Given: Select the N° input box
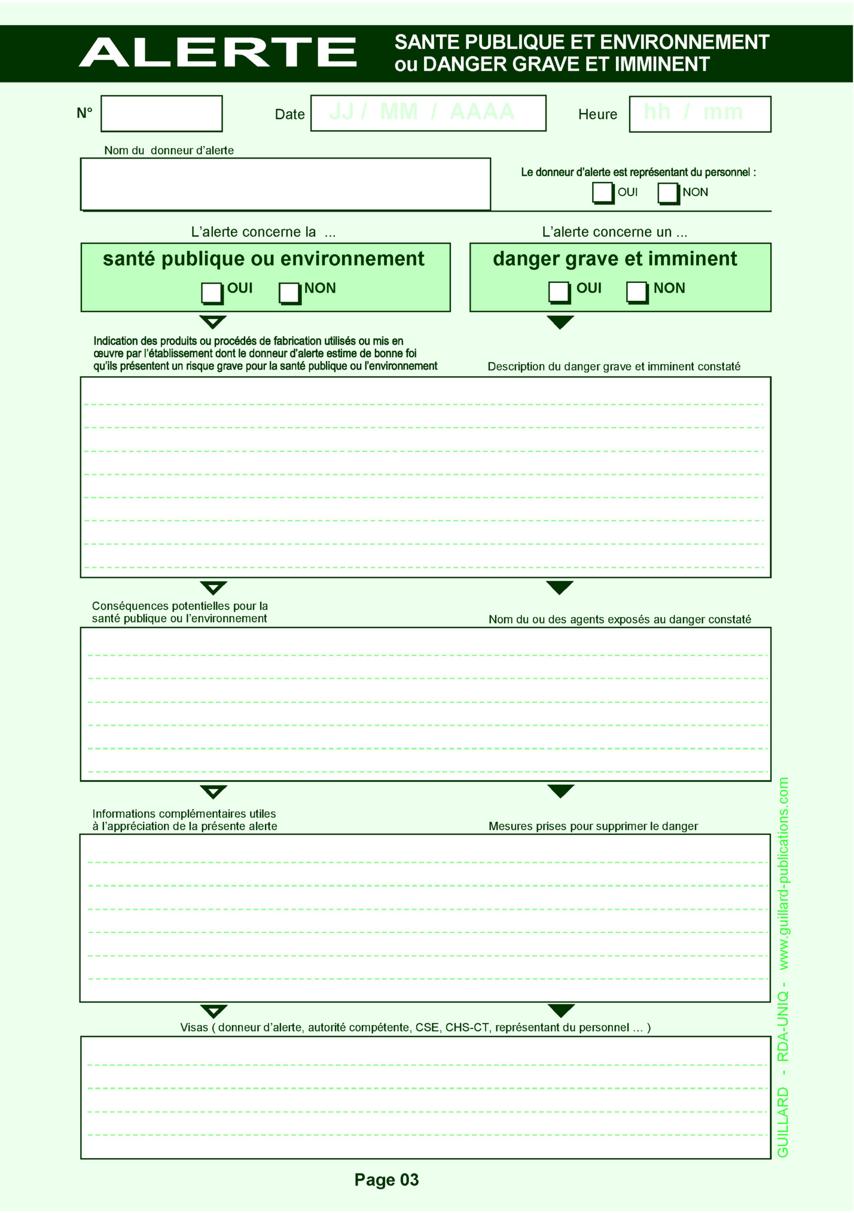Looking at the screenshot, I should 161,114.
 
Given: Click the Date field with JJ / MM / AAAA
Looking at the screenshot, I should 428,113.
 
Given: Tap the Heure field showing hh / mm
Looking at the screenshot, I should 700,114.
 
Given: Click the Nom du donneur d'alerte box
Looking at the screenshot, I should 285,184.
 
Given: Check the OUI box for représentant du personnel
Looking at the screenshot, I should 602,193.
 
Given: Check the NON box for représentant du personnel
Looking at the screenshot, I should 667,193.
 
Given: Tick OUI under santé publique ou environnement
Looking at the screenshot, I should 211,292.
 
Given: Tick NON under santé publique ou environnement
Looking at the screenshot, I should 289,292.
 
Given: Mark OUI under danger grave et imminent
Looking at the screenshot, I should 559,292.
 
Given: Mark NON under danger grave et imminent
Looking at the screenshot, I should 636,292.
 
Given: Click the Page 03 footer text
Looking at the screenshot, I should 386,1180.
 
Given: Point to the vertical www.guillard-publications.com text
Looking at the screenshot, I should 783,873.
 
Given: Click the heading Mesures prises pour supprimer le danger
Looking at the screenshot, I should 593,826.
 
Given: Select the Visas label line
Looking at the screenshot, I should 415,1027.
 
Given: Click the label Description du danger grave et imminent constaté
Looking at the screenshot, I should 614,366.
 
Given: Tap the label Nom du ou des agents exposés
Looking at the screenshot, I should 620,619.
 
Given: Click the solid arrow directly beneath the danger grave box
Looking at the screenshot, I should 560,322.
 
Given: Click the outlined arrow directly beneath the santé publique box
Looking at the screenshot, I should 213,322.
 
